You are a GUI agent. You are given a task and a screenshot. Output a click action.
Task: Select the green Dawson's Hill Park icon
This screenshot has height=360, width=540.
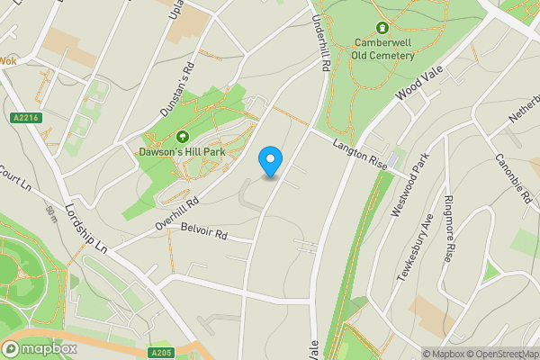click(x=183, y=137)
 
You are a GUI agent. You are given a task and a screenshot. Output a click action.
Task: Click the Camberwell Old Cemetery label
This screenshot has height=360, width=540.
click(x=384, y=49)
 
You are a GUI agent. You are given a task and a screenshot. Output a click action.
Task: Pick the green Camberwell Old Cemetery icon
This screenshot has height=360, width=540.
click(x=383, y=29)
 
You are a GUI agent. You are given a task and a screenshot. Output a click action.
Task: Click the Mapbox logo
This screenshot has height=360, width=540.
click(x=40, y=348)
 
